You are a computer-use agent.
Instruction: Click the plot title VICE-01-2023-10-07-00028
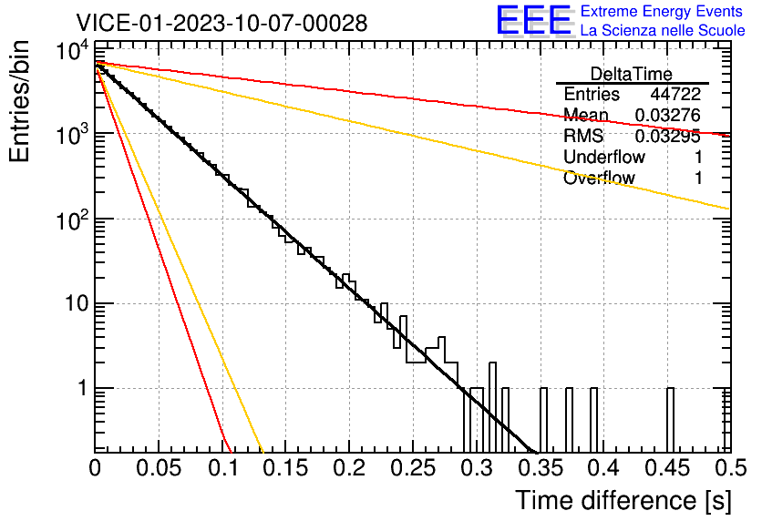point(221,23)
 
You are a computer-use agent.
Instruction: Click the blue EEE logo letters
point(533,20)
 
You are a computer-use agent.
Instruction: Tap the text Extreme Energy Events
point(662,11)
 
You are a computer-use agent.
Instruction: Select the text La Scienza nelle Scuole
point(663,30)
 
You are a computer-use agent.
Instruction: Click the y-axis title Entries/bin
point(19,101)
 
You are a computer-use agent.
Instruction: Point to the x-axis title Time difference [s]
point(623,500)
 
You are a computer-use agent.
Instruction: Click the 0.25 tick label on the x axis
point(412,468)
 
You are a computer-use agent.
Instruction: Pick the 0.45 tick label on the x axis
point(667,468)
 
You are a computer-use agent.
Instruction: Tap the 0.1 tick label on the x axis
point(223,468)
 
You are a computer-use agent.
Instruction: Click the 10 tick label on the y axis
point(77,304)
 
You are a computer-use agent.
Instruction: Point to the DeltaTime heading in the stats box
point(632,74)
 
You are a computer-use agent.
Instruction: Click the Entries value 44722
point(675,94)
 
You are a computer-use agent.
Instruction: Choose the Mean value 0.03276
point(668,115)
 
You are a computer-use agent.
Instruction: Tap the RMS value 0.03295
point(668,137)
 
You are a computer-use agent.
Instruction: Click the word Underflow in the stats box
point(604,157)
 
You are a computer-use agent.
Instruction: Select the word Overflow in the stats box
point(599,178)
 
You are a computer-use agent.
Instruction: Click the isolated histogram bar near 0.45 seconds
point(670,420)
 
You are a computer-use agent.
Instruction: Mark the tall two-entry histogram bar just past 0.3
point(492,407)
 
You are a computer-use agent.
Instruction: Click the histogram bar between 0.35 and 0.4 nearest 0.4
point(594,420)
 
